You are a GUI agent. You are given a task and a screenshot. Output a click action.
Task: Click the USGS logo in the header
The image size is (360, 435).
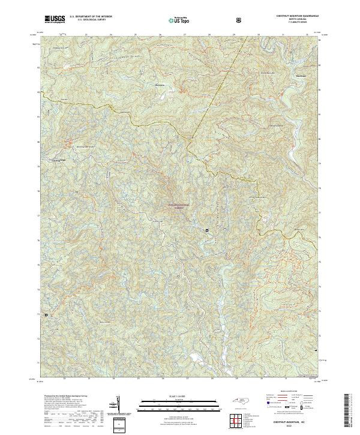point(55,19)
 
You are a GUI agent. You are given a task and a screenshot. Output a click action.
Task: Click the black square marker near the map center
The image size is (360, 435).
point(208,230)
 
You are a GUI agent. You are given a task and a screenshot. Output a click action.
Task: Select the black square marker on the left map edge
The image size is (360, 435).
point(46,314)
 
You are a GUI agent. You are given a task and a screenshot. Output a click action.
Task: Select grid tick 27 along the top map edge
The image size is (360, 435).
point(185,35)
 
